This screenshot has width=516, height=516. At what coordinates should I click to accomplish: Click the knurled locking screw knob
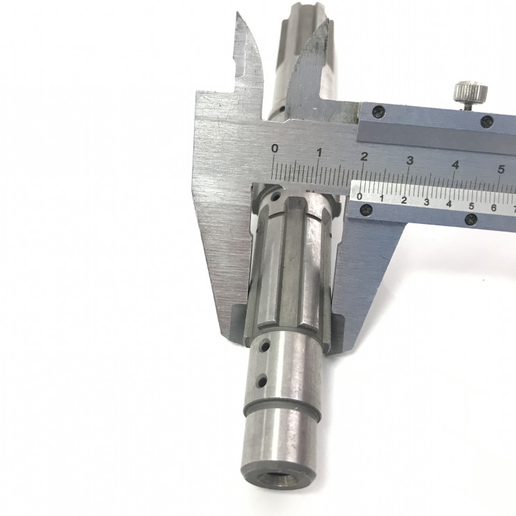click(x=471, y=92)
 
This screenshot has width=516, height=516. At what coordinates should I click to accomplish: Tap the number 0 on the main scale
click(x=275, y=149)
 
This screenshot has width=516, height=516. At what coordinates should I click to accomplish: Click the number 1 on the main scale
click(x=319, y=152)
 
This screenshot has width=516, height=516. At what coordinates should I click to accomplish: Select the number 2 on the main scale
click(x=364, y=156)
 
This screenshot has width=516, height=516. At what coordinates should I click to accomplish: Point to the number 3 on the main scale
click(x=410, y=161)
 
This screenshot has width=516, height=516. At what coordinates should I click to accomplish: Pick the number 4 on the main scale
click(x=455, y=165)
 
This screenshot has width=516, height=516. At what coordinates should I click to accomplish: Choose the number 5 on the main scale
click(x=501, y=170)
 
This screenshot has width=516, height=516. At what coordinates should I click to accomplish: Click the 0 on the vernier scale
click(x=360, y=197)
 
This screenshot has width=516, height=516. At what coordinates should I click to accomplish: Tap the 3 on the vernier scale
click(x=426, y=202)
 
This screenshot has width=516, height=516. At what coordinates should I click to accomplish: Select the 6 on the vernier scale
click(x=494, y=208)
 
